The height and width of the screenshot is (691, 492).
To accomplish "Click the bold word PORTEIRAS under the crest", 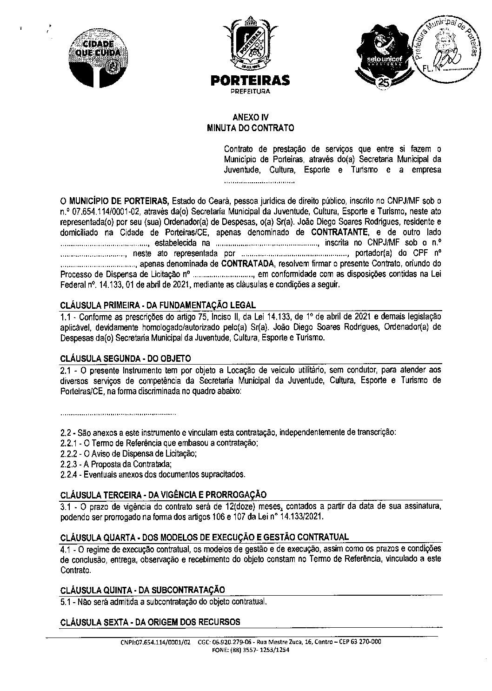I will (x=250, y=81).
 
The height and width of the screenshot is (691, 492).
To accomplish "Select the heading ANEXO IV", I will (x=250, y=118).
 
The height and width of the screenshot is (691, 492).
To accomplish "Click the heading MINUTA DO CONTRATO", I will (x=250, y=127).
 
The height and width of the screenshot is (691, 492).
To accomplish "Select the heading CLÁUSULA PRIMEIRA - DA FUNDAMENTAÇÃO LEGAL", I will (x=158, y=306).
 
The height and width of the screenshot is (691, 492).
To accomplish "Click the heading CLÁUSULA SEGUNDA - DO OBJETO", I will (x=126, y=359).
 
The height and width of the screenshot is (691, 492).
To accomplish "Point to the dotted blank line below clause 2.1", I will (x=118, y=412).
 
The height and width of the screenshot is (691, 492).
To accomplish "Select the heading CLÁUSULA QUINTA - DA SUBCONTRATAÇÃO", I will (x=143, y=590).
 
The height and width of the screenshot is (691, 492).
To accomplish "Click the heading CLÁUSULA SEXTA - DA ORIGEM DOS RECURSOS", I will (x=150, y=622).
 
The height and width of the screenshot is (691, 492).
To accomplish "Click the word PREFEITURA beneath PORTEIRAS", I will (x=250, y=92).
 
